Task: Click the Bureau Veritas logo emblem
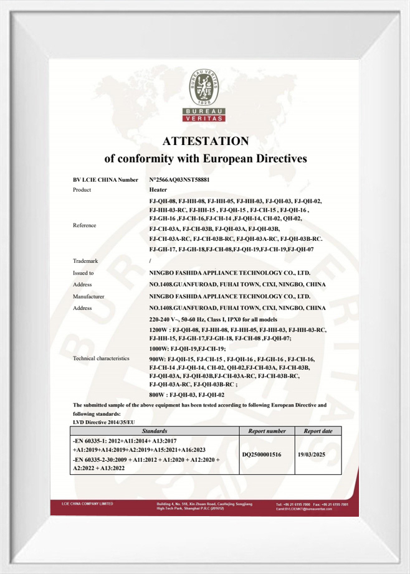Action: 205,86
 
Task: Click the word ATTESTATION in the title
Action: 205,141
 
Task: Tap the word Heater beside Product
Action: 158,189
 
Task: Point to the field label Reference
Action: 85,225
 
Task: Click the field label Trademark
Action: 86,261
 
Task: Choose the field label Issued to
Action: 83,273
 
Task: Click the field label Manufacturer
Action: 88,296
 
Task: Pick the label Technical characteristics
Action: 101,359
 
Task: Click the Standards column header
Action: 154,431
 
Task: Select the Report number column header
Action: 267,431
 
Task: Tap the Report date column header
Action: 318,431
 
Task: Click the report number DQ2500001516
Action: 262,454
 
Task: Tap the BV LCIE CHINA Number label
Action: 105,179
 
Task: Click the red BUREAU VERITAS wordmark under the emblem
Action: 205,115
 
